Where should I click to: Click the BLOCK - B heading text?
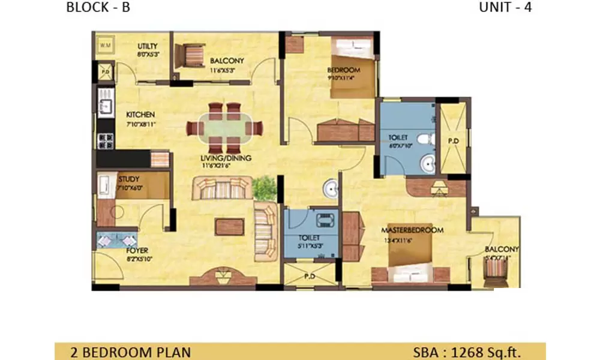pyautogui.click(x=98, y=8)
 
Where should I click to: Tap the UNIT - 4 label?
pyautogui.click(x=505, y=8)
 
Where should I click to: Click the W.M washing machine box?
pyautogui.click(x=104, y=44)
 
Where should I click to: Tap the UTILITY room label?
pyautogui.click(x=148, y=46)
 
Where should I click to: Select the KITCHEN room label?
pyautogui.click(x=140, y=115)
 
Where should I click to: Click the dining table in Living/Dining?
pyautogui.click(x=224, y=128)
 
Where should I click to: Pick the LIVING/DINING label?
pyautogui.click(x=227, y=158)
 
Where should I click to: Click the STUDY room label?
pyautogui.click(x=128, y=179)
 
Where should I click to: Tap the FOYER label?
pyautogui.click(x=137, y=250)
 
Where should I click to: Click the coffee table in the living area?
pyautogui.click(x=230, y=226)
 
